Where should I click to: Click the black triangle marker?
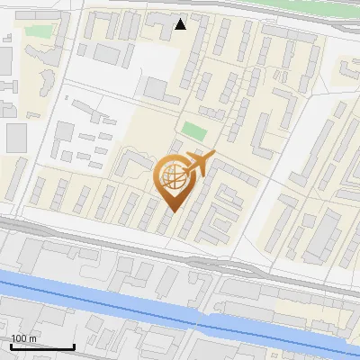coord(181,24)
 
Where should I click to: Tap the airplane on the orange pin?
coord(199,165)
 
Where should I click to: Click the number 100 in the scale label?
coord(19,338)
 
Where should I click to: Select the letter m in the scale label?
coord(32,338)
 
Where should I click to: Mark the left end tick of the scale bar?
coord(11,346)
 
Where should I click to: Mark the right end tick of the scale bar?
coord(74,346)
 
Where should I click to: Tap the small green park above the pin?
coord(193,130)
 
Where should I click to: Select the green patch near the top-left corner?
coord(38,31)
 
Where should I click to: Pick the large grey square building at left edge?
coord(16,138)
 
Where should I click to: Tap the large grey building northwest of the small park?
coord(155,89)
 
